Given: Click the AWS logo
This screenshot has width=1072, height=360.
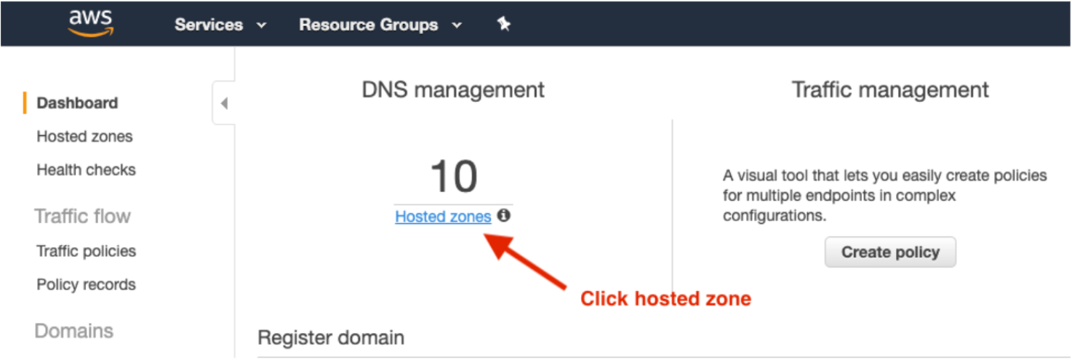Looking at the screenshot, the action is point(90,22).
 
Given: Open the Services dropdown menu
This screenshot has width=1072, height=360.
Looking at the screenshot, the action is point(220,25).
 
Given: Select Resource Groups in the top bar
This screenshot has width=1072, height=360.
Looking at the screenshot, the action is point(380,25).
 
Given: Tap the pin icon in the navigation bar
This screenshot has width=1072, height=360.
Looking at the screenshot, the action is point(503,23).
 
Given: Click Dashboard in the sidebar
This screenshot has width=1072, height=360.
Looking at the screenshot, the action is point(77,103).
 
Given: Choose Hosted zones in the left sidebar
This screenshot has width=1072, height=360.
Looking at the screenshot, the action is point(84,137).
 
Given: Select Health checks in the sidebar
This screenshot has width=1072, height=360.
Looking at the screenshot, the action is point(86,170).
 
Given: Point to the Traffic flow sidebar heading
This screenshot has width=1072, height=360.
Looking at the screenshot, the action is point(82,217).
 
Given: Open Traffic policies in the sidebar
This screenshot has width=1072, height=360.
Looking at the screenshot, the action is point(86,251).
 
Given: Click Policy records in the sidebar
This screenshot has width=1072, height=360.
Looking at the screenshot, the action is point(86,284).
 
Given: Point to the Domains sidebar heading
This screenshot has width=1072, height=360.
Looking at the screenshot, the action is point(73,331).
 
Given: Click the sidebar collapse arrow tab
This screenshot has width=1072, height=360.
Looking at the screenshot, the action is point(224,103).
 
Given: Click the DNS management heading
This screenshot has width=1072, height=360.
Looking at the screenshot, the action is point(453,90).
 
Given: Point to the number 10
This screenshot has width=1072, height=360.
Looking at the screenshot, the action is point(454,176).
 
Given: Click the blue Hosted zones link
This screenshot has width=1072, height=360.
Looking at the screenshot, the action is point(443,217).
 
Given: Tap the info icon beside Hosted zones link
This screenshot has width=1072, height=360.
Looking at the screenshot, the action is point(503,215).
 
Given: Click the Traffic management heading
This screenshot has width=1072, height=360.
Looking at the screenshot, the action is point(890,90).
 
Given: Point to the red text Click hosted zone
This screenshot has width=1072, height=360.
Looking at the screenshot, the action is point(665,299).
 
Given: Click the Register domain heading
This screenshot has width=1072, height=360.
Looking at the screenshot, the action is point(331,337).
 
